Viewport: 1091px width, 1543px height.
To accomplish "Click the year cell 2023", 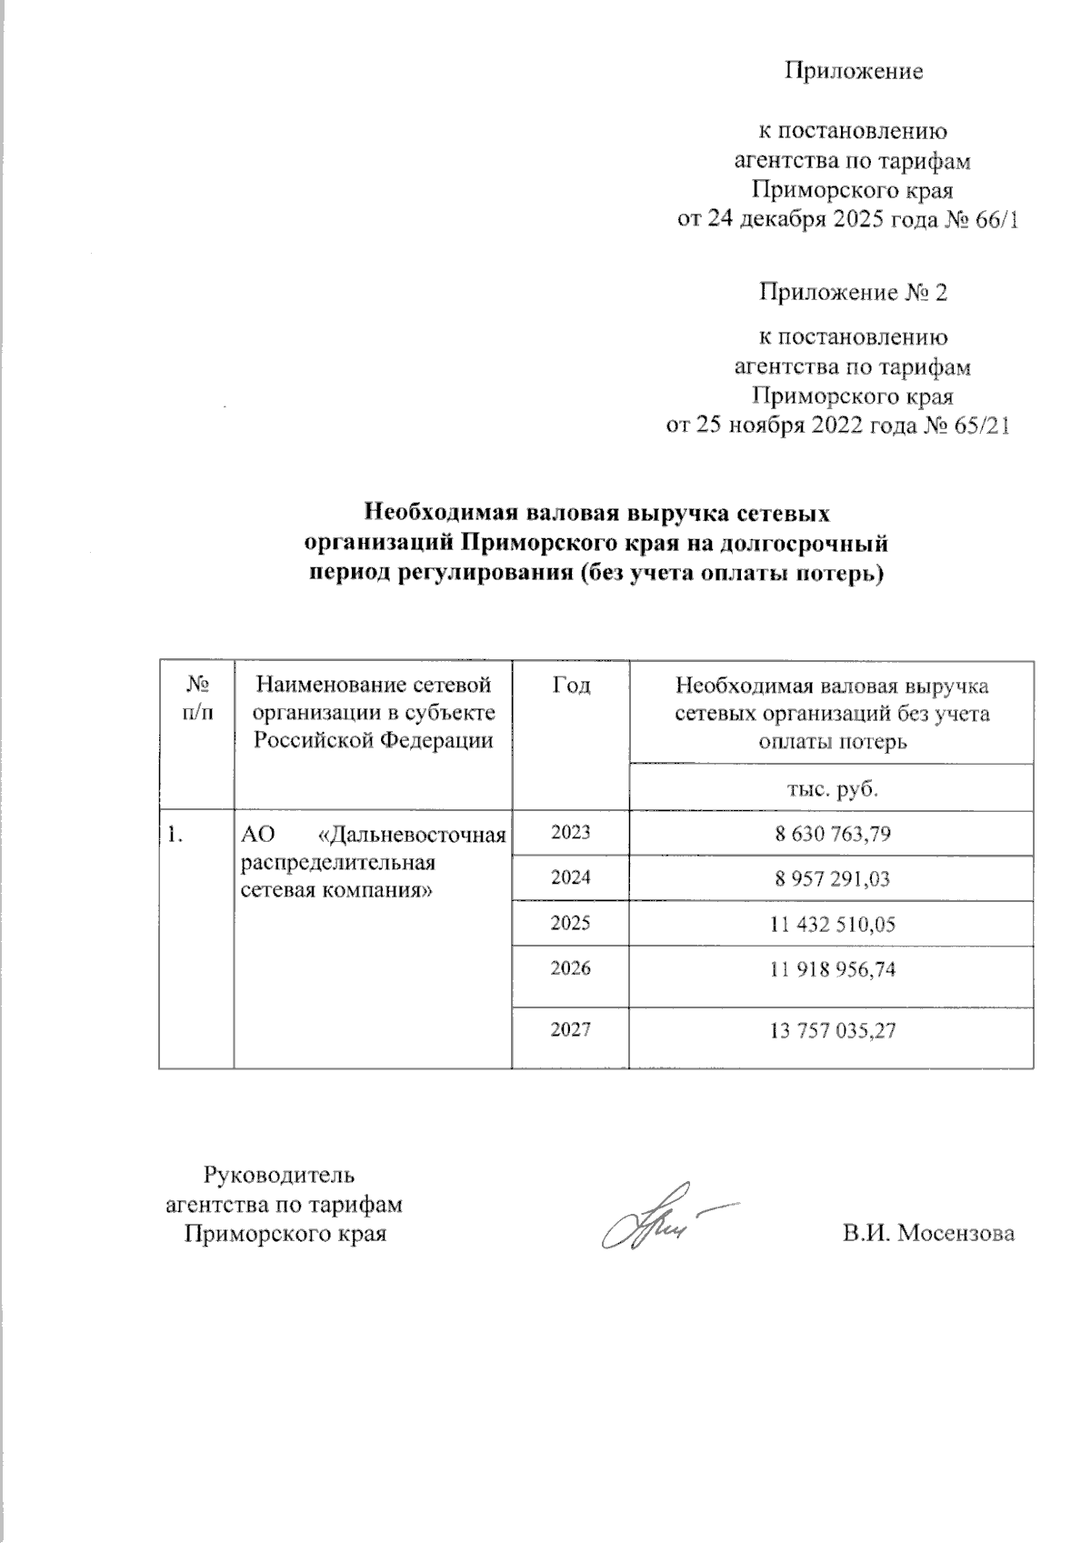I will pos(570,832).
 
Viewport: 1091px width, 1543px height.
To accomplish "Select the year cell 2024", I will pos(570,877).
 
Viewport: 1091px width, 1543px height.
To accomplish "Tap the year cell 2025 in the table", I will pos(570,923).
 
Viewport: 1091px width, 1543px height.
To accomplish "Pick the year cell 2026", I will pos(570,968).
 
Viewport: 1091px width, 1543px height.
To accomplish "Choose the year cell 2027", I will pos(570,1029).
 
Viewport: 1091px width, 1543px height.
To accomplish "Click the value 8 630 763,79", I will pos(832,833).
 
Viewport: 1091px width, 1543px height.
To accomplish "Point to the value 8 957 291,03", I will pos(832,878).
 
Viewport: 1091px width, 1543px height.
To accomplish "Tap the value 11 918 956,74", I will pos(832,969).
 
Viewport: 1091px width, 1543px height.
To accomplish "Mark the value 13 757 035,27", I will pos(832,1030).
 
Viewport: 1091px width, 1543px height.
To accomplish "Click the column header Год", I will pos(570,686).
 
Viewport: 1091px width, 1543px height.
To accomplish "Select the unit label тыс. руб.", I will pos(832,787).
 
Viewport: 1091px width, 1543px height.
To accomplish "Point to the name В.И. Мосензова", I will pos(927,1234).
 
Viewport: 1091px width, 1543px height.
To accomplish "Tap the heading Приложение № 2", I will pos(853,294).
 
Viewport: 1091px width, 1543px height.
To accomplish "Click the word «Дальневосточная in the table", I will pos(415,835).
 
